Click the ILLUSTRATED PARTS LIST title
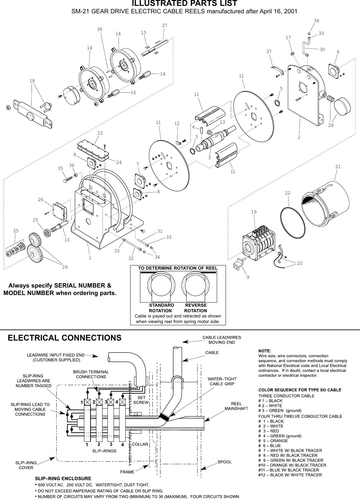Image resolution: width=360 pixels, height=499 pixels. click(184, 4)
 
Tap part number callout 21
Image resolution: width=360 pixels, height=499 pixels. click(338, 167)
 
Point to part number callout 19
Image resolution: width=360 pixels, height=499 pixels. click(254, 212)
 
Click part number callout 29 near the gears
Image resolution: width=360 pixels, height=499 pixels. click(65, 267)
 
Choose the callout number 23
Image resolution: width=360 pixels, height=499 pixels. click(100, 133)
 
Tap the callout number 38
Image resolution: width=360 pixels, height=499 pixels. click(99, 29)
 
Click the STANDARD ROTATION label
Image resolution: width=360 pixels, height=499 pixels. click(161, 308)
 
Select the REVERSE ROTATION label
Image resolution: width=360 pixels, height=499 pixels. click(196, 308)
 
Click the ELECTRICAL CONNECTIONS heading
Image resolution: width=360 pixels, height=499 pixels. click(64, 338)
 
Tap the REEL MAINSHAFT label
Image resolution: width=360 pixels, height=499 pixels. click(236, 406)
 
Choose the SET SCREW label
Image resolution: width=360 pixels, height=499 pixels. click(141, 400)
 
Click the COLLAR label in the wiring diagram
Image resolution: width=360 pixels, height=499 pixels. click(140, 444)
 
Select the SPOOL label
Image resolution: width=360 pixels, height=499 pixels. click(224, 462)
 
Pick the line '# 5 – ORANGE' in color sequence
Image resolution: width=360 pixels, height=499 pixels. click(273, 441)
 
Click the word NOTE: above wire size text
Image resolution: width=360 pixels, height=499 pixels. click(264, 351)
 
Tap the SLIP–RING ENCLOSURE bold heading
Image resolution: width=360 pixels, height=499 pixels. click(63, 479)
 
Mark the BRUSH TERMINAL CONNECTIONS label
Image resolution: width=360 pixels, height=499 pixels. click(91, 374)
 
